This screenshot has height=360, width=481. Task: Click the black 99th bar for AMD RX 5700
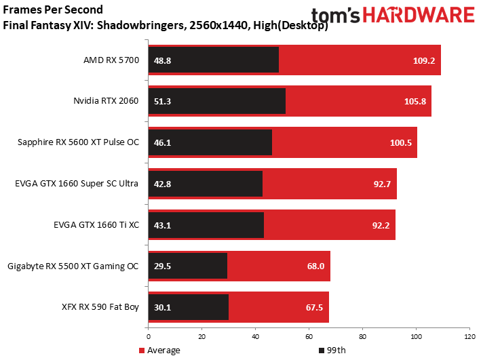pos(214,60)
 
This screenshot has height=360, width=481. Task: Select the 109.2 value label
pos(424,61)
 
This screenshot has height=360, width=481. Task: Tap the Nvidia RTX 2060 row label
pos(106,101)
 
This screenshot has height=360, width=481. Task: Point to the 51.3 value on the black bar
pos(162,102)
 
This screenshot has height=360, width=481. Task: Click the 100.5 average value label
pos(401,143)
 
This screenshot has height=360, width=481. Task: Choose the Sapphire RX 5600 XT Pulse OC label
pos(78,142)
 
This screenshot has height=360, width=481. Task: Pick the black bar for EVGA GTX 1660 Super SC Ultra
pos(206,184)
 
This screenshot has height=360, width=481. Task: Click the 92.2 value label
pos(381,226)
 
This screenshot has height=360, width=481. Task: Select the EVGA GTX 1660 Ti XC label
pos(96,225)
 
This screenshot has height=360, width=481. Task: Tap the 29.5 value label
pos(162,266)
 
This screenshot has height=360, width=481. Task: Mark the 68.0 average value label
pos(315,266)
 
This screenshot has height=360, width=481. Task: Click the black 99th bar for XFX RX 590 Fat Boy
pos(189,307)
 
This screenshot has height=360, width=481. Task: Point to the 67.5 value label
pos(314,308)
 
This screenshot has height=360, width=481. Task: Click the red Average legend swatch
pos(142,351)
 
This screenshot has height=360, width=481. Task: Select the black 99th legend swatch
pos(322,351)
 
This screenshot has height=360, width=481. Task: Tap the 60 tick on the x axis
pos(309,337)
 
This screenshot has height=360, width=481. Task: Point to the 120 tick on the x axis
pos(469,337)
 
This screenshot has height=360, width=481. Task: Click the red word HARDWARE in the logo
pos(419,15)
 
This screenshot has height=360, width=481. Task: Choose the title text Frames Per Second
pos(53,9)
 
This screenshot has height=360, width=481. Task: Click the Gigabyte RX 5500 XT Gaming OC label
pos(73,266)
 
